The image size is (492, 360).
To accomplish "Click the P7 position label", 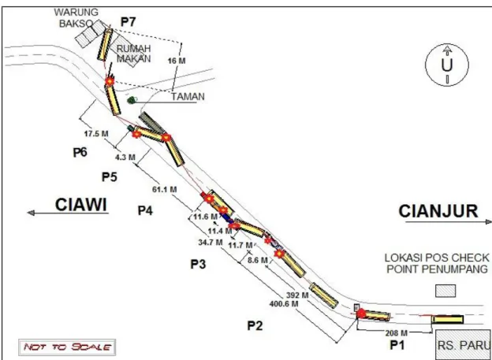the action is [128, 22].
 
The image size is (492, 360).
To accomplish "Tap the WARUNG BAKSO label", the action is [76, 18].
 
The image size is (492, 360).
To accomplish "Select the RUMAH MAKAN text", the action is [134, 54].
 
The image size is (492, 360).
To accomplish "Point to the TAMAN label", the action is [188, 97].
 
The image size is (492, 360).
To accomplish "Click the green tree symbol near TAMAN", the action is [132, 100].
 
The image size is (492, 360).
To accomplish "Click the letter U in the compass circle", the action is [447, 65].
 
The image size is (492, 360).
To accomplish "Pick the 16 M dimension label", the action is [177, 61].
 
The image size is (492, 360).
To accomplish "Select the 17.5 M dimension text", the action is [96, 134].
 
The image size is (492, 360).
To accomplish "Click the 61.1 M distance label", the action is [165, 189].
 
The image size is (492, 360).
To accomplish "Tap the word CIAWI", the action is [81, 205].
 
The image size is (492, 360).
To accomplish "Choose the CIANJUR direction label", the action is [438, 211].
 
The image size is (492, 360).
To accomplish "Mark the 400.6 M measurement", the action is [284, 303].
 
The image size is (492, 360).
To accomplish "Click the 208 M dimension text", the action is [396, 332].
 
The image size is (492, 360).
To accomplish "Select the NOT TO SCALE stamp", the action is [67, 347].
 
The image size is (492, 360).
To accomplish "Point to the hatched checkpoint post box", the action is [445, 291].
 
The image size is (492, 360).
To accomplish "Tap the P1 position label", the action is [397, 345].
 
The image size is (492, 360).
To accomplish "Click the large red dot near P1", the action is [361, 313].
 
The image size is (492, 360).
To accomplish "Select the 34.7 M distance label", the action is [211, 243].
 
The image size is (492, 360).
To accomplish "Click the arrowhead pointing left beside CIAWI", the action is [31, 213].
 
